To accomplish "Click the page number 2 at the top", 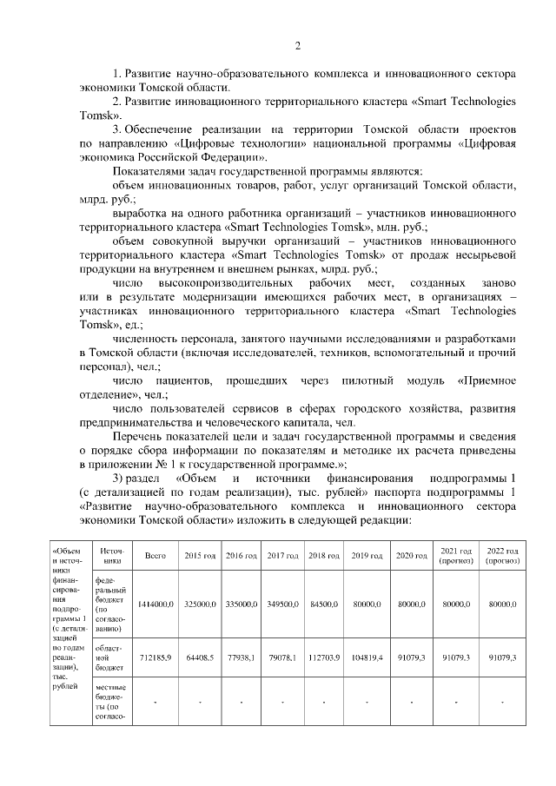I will pos(297,46).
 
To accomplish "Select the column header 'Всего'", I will pos(156,556).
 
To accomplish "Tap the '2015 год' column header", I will pos(198,556).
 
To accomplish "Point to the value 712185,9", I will pos(156,658).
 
